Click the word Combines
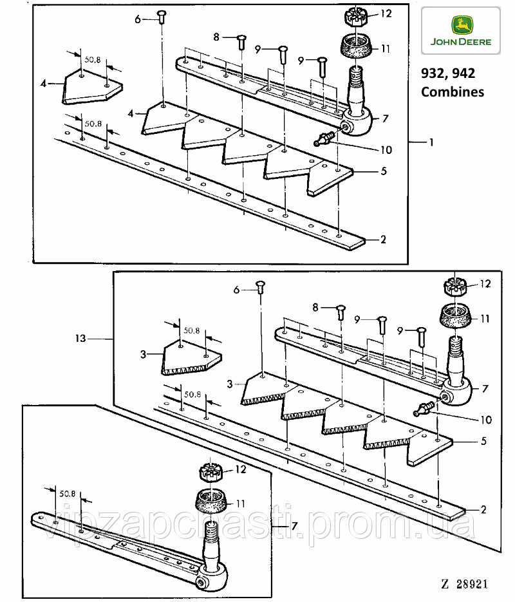tap(452, 91)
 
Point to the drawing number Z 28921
tap(464, 585)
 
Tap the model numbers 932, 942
tap(448, 73)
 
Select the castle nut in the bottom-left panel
tap(211, 472)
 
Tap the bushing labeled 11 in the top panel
tap(355, 47)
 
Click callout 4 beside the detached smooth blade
tap(44, 84)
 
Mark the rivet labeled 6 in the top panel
tap(162, 17)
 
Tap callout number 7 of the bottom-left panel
tap(294, 526)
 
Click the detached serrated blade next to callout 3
tap(191, 358)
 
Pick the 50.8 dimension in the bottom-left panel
tap(68, 494)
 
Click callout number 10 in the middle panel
tap(485, 420)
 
